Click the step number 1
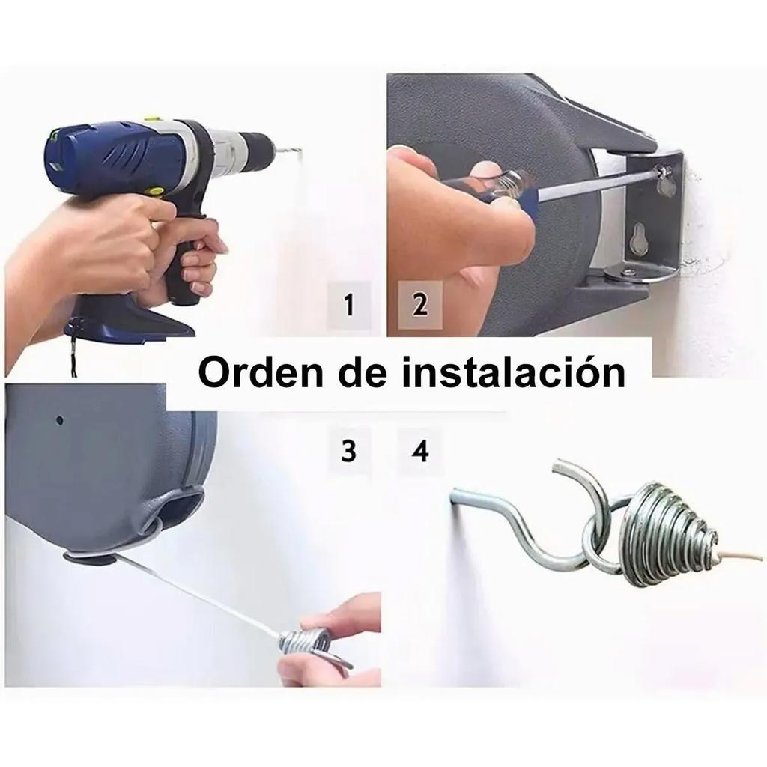tap(348, 305)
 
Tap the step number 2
tap(419, 305)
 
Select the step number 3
tap(348, 452)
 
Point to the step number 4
tap(420, 452)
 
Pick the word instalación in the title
tap(513, 372)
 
